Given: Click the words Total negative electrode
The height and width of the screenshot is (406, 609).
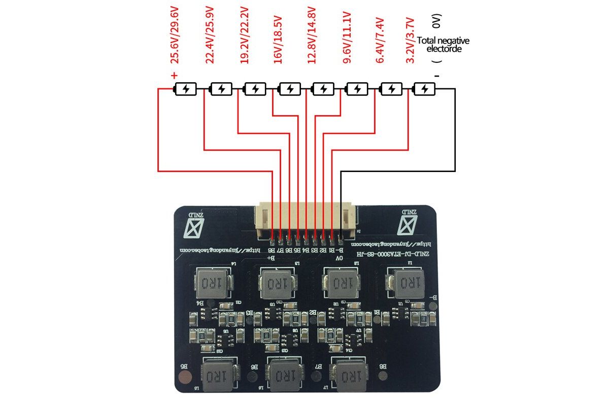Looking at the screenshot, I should click(x=443, y=45).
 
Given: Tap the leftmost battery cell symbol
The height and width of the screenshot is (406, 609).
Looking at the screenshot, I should click(x=186, y=89).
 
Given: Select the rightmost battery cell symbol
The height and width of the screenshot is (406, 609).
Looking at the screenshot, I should click(x=425, y=89).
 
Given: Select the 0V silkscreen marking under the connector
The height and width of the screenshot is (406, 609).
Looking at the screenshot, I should click(x=339, y=258).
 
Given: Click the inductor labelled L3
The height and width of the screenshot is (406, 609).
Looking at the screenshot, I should click(x=278, y=283).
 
